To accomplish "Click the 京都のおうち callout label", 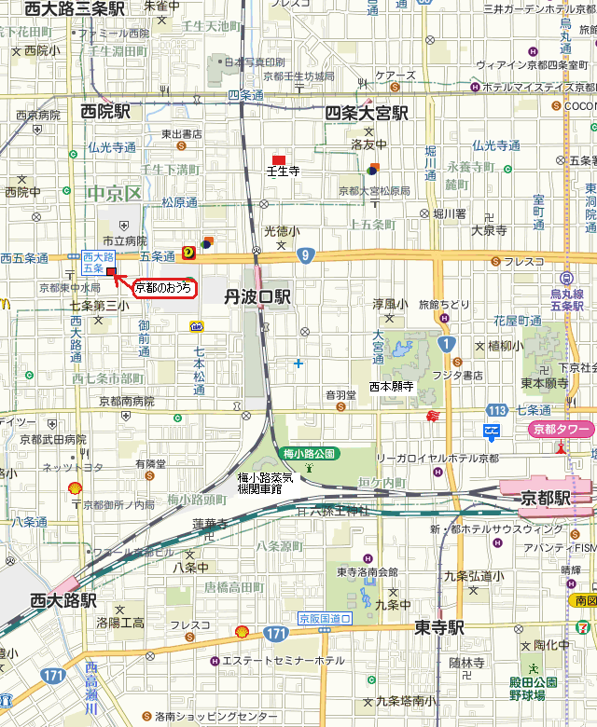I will (x=164, y=289).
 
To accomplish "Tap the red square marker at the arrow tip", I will (x=111, y=272).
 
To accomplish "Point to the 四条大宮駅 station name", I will (x=367, y=113).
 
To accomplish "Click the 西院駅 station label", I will (x=104, y=112).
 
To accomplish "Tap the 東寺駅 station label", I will (x=439, y=627).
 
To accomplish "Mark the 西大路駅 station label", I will (x=62, y=599).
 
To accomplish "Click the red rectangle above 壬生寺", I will (x=278, y=160).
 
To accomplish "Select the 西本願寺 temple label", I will (x=392, y=385).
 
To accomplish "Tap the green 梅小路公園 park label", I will (x=312, y=454).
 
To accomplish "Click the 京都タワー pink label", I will (x=561, y=429).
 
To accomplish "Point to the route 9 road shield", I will (x=305, y=254).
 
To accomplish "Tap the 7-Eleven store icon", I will (x=582, y=626).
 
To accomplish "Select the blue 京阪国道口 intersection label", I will (x=325, y=618).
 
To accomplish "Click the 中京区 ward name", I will (x=113, y=194).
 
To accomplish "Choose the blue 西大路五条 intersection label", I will (x=98, y=262).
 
